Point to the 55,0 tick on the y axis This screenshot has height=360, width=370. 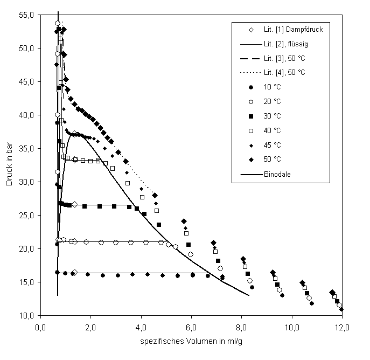pyautogui.click(x=27, y=15)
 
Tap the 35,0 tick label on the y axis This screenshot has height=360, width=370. pyautogui.click(x=27, y=149)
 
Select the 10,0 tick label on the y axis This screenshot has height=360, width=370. pyautogui.click(x=27, y=315)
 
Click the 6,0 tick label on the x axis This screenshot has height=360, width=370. pyautogui.click(x=191, y=326)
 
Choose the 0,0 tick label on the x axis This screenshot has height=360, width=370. pyautogui.click(x=40, y=326)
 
